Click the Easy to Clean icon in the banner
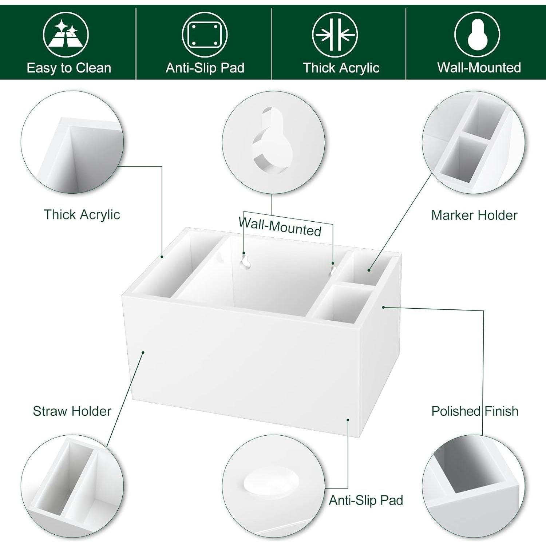pos(66,35)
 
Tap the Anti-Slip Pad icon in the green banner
pos(205,35)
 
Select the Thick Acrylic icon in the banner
pos(335,35)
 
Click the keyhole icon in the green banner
pos(477,35)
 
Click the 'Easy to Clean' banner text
pos(69,68)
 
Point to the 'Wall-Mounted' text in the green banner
pos(479,68)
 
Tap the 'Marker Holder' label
pos(474,215)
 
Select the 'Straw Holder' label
pos(72,411)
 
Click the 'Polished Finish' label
pos(475,411)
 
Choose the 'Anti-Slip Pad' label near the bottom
pos(366,500)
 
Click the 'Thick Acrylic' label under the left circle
pos(82,214)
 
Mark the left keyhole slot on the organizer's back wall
pos(246,261)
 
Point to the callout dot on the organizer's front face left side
pos(143,352)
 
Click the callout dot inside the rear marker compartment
pos(369,270)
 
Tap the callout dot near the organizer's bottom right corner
pos(348,420)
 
